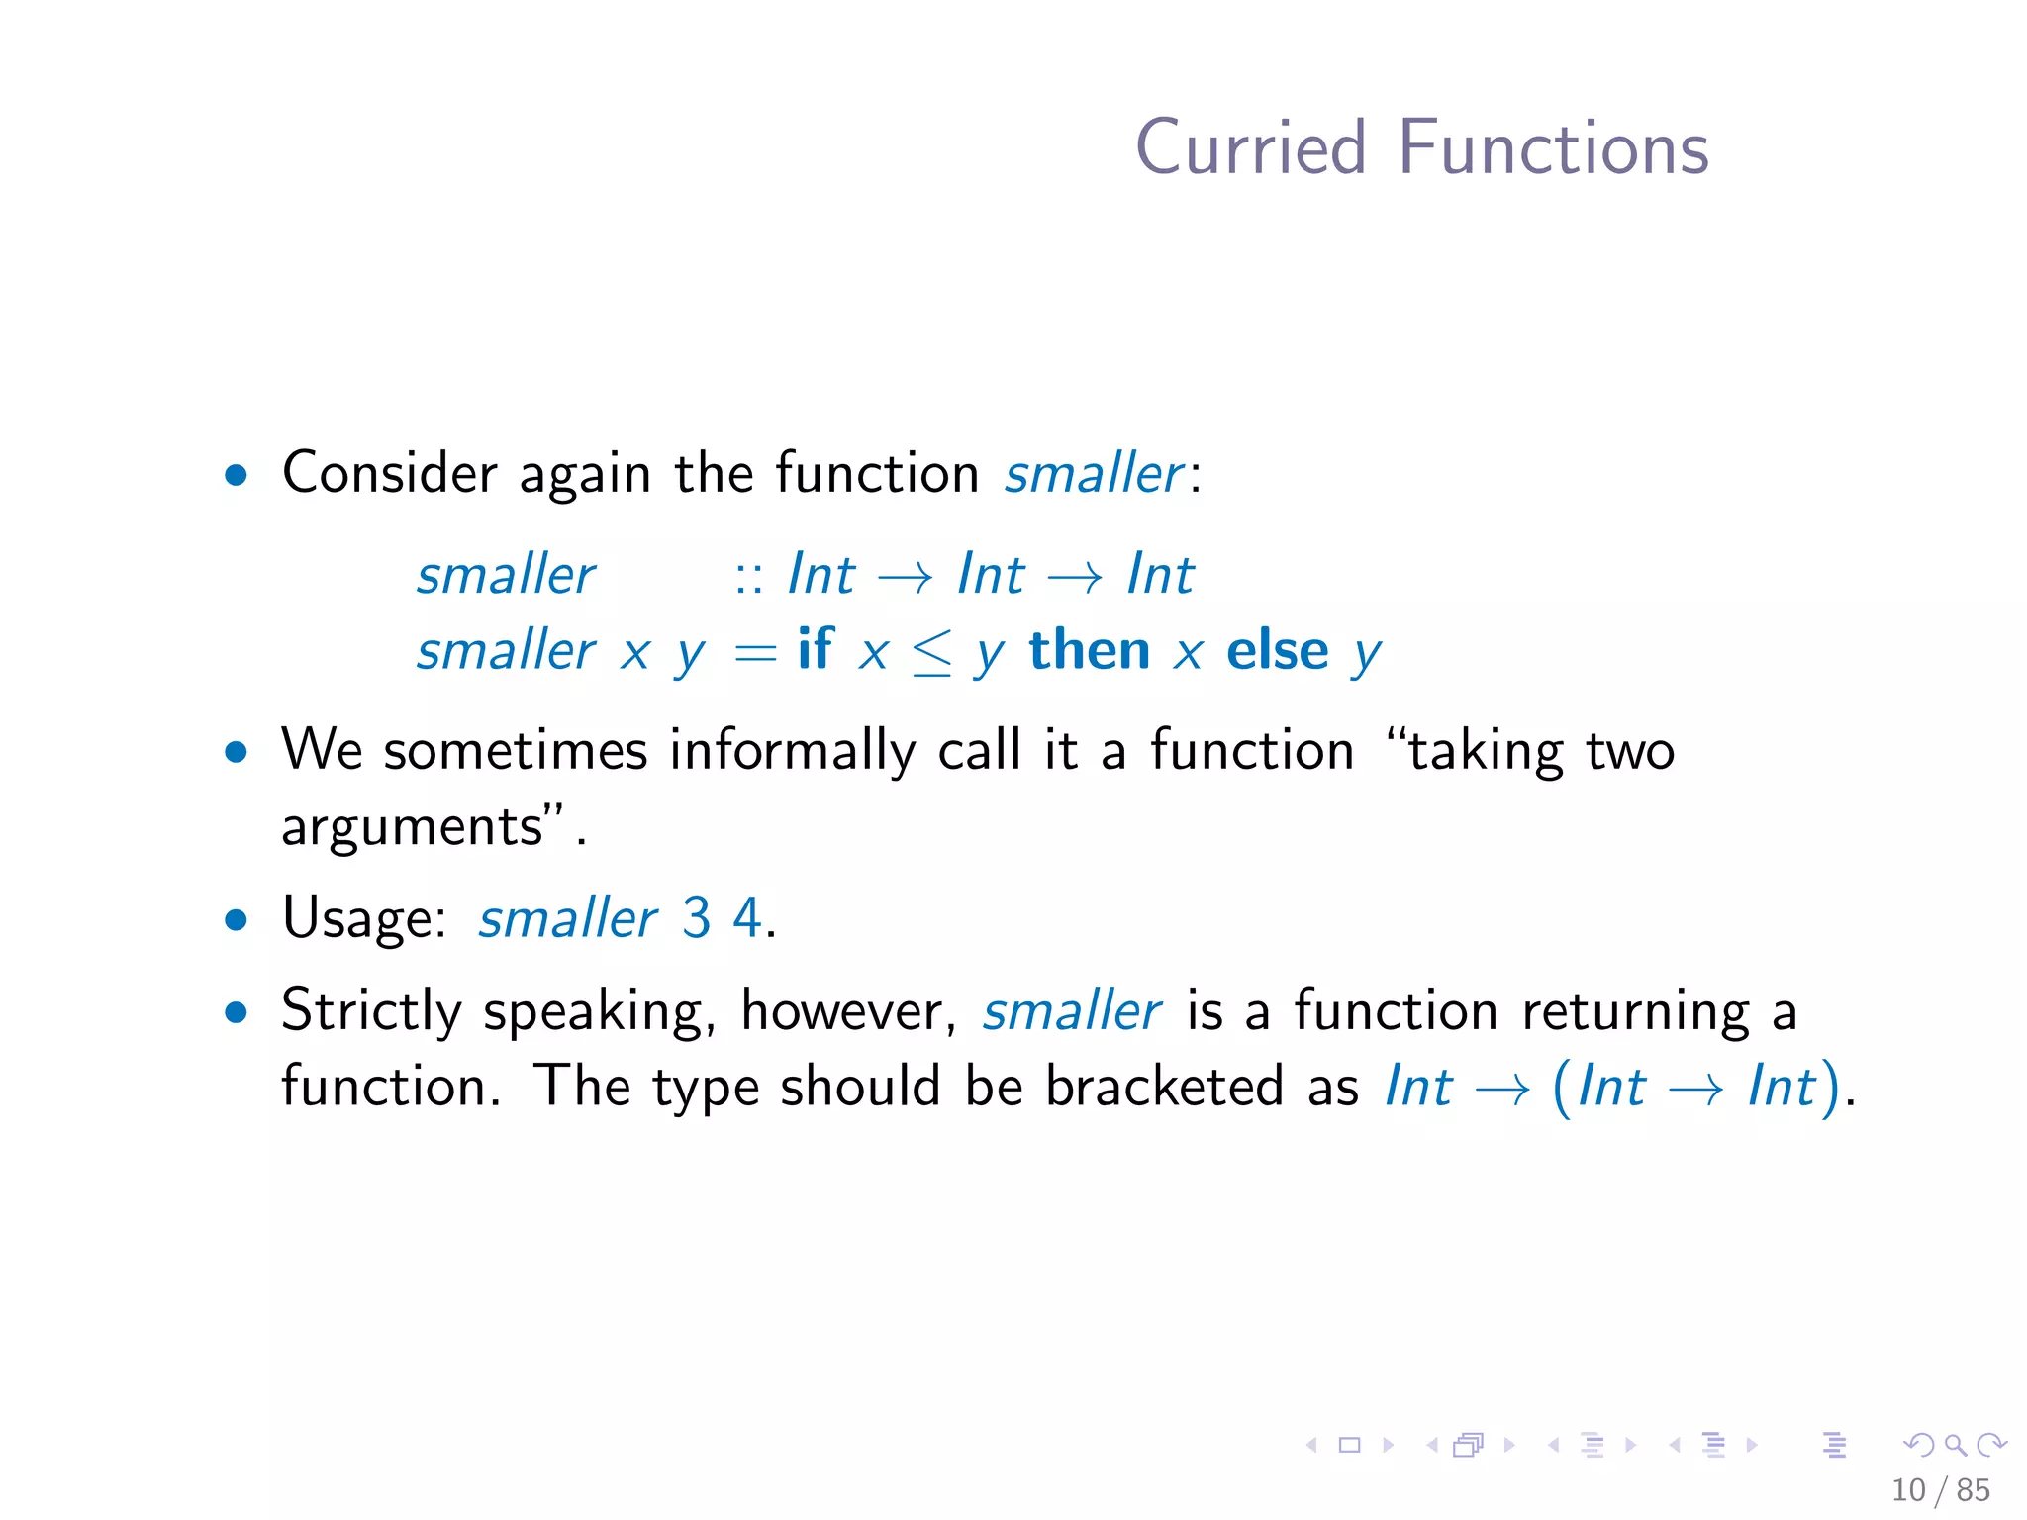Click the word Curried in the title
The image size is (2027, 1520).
pos(1250,148)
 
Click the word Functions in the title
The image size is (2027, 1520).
pos(1553,148)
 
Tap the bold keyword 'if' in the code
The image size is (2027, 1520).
pos(815,650)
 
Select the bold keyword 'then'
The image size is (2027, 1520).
pos(1089,651)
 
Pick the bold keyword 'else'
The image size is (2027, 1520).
pos(1277,651)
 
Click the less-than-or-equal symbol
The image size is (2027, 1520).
pos(931,654)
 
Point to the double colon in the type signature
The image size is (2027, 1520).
pos(748,577)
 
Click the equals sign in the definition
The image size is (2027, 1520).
pos(755,654)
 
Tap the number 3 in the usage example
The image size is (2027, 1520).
pos(696,917)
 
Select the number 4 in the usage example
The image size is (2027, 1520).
pos(747,917)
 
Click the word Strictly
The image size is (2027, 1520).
pos(371,1012)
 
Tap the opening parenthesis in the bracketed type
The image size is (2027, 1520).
pos(1561,1088)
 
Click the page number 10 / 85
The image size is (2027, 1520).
pos(1940,1489)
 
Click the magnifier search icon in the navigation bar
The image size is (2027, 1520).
pos(1955,1445)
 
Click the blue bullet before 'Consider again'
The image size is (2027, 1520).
pos(236,475)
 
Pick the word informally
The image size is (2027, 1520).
pos(792,751)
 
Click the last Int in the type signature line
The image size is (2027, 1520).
pos(1160,575)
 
